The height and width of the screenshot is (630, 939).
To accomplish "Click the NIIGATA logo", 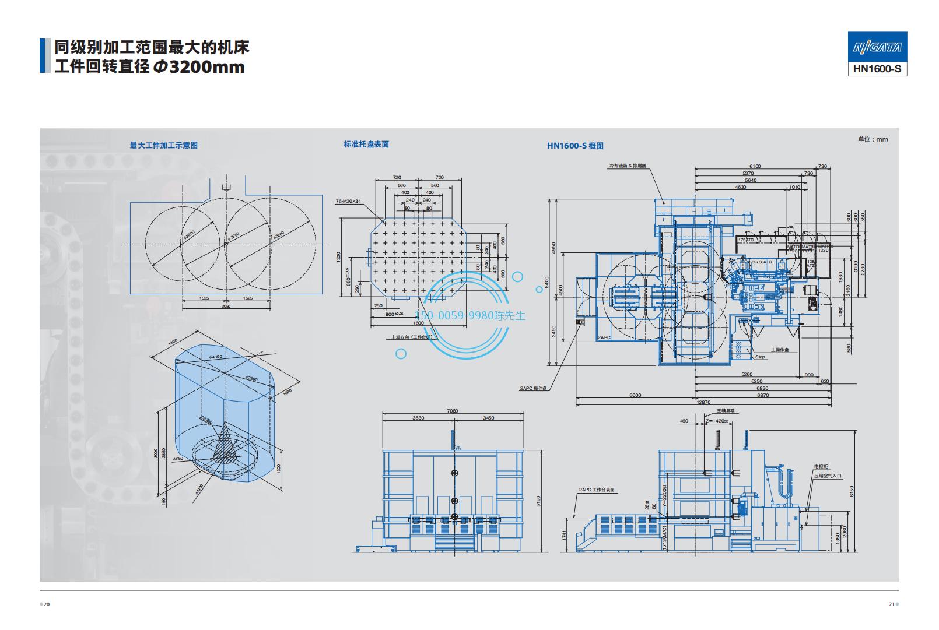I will (x=877, y=47).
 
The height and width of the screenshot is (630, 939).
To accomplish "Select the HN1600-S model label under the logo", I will (x=877, y=69).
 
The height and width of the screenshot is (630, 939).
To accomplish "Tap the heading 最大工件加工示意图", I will (x=163, y=145).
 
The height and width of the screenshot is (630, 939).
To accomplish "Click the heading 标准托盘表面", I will (x=366, y=144).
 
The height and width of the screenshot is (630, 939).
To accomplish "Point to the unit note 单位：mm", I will (x=873, y=139).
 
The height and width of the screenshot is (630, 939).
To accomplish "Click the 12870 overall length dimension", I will (x=703, y=402).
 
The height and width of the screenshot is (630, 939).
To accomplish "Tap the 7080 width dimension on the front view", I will (x=453, y=411).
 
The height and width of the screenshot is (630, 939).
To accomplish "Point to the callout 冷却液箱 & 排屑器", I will (x=628, y=166).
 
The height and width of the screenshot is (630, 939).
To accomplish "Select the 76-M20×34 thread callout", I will (x=348, y=201).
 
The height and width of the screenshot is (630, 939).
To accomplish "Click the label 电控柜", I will (x=821, y=467).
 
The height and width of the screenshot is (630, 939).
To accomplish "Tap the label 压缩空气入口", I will (x=828, y=476).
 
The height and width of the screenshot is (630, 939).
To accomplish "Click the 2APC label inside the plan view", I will (x=603, y=337).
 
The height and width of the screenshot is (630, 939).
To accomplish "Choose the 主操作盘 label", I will (x=779, y=350).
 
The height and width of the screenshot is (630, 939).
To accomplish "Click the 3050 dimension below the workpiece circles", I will (x=226, y=305).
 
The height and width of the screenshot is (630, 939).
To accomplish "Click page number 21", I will (x=891, y=604).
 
